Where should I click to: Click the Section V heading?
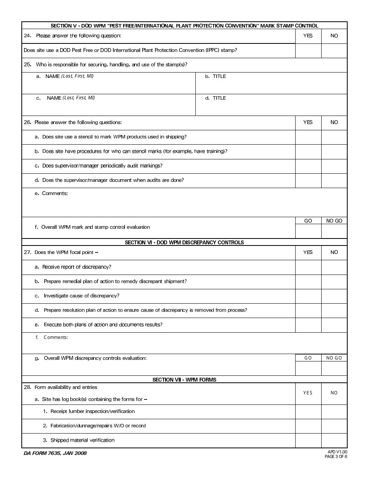(x=184, y=26)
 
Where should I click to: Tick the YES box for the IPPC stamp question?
(x=308, y=50)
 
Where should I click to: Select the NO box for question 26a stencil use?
(x=334, y=137)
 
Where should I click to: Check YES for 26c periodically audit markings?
(x=308, y=166)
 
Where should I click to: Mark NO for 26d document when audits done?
(x=334, y=181)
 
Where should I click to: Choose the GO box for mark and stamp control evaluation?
(x=308, y=231)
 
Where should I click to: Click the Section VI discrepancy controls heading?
(x=184, y=242)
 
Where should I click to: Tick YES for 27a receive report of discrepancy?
(x=308, y=267)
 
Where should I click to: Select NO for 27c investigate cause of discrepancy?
(x=334, y=296)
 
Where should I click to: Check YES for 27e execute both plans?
(x=308, y=325)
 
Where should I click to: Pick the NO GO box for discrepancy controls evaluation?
(x=334, y=368)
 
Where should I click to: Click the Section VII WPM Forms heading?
(x=184, y=380)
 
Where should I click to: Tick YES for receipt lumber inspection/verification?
(x=308, y=411)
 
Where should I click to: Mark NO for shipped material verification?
(x=334, y=441)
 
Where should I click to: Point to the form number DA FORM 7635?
(x=55, y=453)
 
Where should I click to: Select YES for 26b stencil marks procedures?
(x=308, y=152)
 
